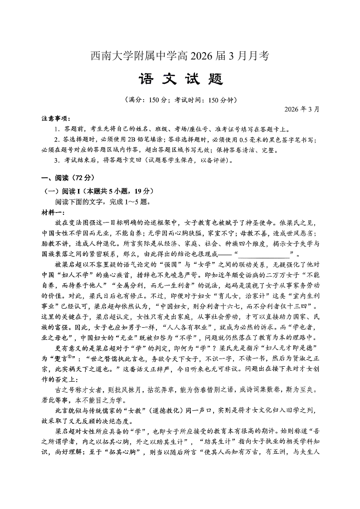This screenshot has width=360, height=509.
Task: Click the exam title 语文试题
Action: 180,80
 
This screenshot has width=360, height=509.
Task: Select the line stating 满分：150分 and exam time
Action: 180,100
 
